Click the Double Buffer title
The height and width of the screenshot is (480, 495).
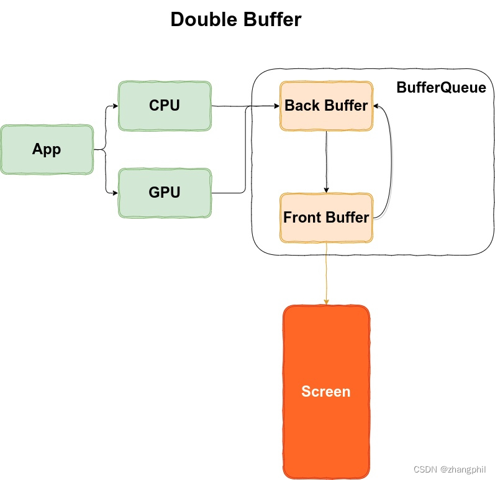click(235, 19)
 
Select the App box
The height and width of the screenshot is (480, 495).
click(47, 149)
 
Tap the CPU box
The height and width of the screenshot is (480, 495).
click(165, 106)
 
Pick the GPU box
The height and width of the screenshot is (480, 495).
click(165, 193)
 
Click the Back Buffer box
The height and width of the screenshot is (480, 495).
click(326, 106)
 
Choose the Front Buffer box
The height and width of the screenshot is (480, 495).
click(326, 218)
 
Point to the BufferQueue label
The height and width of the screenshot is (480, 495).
click(441, 88)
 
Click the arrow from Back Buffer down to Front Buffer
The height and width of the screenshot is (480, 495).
click(327, 162)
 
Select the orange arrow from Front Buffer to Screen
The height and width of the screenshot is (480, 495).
click(327, 274)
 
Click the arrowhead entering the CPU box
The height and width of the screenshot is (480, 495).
click(115, 106)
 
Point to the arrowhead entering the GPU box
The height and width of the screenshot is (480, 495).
click(115, 193)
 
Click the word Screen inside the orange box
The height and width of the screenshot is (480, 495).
click(326, 392)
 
